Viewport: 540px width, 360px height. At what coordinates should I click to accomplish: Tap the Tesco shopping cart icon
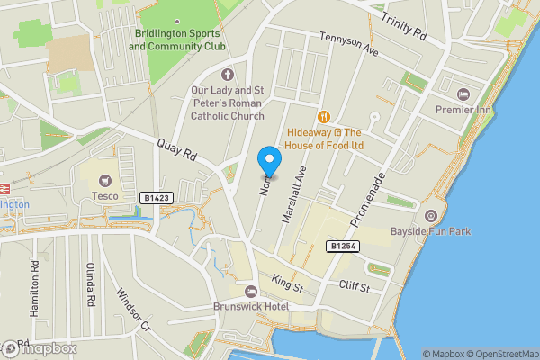(106, 180)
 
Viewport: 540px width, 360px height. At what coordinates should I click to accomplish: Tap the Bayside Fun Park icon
(431, 216)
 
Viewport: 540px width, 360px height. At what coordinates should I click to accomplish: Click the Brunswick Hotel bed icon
(251, 291)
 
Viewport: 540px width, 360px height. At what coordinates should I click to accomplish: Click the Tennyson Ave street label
(348, 43)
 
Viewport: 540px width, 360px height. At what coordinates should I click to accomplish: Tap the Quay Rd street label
(176, 149)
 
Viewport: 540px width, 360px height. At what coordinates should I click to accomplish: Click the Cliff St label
(355, 287)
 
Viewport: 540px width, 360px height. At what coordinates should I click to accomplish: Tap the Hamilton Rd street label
(34, 287)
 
